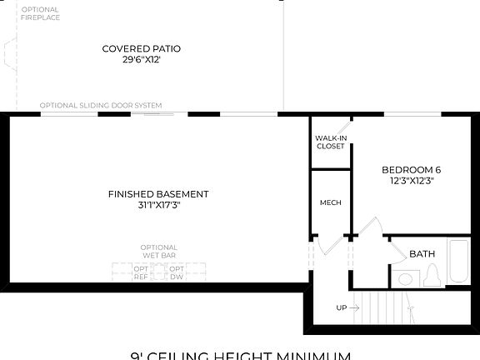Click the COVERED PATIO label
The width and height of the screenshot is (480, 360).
coord(141,48)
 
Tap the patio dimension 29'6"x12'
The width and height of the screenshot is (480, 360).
coord(141,60)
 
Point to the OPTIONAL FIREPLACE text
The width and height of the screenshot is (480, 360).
coord(39,13)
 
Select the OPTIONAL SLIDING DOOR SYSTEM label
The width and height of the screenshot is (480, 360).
coord(101,106)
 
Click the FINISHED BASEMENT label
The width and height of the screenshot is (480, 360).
coord(158,194)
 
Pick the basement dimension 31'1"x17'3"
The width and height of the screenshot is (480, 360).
coord(158,205)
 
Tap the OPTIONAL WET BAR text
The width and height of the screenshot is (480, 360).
coord(158,251)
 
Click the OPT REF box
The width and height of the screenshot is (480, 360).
coord(141,272)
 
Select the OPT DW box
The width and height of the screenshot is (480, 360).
coord(177,272)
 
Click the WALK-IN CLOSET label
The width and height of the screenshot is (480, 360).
coord(330,142)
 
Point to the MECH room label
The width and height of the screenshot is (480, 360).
coord(330,202)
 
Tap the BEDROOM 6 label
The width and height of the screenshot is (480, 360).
coord(411,169)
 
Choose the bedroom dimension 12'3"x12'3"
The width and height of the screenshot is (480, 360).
coord(411,180)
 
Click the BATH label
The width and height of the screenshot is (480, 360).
coord(422,253)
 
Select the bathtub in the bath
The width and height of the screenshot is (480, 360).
coord(459,262)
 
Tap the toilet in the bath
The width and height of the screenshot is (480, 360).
coord(432,276)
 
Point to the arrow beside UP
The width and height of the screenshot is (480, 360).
coord(355,307)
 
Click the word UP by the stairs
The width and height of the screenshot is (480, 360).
coord(341,307)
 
